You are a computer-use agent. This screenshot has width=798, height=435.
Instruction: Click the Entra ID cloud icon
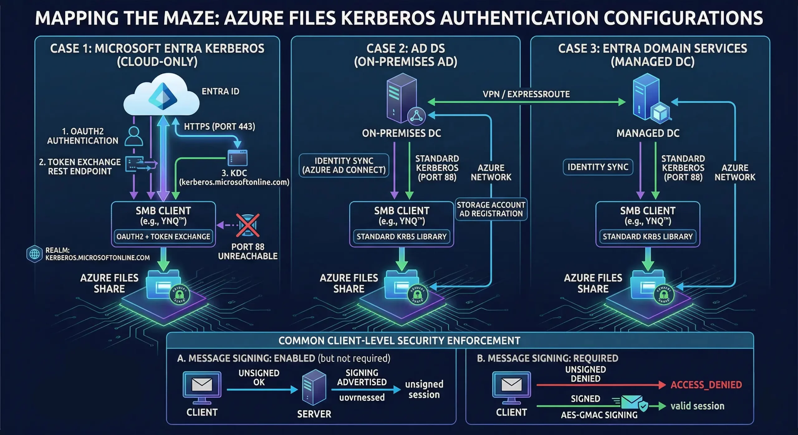pyautogui.click(x=161, y=95)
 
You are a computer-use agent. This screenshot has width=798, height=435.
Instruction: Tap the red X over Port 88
pyautogui.click(x=248, y=225)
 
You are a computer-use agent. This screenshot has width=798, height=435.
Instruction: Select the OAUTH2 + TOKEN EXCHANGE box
pyautogui.click(x=163, y=237)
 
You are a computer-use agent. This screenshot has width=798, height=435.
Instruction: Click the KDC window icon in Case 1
pyautogui.click(x=238, y=158)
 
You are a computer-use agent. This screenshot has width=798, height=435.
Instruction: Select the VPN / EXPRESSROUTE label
pyautogui.click(x=526, y=94)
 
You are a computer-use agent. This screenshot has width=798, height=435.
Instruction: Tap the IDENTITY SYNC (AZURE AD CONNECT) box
pyautogui.click(x=344, y=165)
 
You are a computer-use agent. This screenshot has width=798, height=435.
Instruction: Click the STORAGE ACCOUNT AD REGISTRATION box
pyautogui.click(x=491, y=209)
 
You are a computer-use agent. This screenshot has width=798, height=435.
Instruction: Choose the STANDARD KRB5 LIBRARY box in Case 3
pyautogui.click(x=647, y=237)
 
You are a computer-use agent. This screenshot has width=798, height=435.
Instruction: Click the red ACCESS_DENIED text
pyautogui.click(x=706, y=385)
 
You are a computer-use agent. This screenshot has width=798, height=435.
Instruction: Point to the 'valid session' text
pyautogui.click(x=697, y=406)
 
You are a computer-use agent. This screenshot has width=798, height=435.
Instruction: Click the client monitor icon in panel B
pyautogui.click(x=511, y=386)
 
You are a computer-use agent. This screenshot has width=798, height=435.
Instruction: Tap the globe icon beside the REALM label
pyautogui.click(x=34, y=254)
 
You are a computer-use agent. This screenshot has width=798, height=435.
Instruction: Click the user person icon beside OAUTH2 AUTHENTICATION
pyautogui.click(x=134, y=136)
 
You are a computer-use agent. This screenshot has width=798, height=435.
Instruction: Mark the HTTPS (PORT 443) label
pyautogui.click(x=219, y=127)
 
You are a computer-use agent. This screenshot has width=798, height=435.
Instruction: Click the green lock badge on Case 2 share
pyautogui.click(x=417, y=294)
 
